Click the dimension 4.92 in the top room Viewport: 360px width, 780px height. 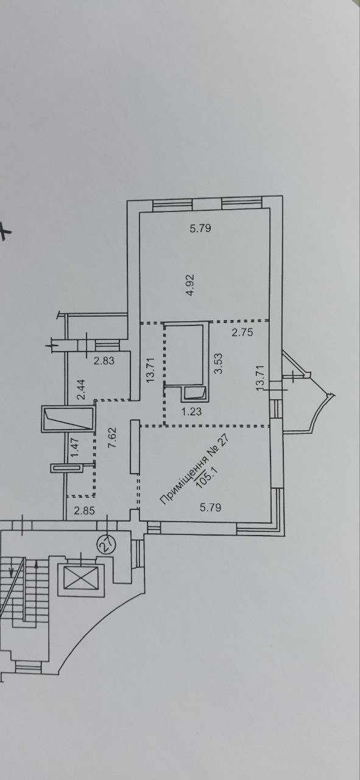tap(191, 285)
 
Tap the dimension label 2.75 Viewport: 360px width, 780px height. tap(242, 332)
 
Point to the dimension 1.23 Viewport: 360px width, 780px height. tap(191, 411)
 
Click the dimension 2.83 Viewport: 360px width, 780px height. tap(104, 360)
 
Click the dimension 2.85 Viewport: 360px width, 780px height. tap(84, 511)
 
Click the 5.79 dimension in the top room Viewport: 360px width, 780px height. tap(200, 229)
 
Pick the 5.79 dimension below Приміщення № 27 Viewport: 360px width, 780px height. tap(210, 508)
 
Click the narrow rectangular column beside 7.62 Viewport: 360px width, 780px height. tap(135, 447)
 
